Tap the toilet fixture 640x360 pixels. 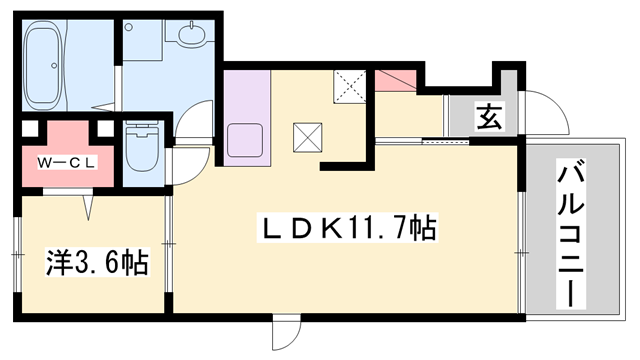click(142, 147)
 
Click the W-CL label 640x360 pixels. click(67, 163)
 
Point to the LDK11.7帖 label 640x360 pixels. click(347, 227)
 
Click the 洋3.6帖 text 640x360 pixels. click(97, 262)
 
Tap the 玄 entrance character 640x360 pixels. click(489, 116)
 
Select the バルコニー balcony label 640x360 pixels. click(571, 233)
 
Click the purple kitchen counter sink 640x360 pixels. click(245, 140)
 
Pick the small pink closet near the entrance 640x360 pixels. click(395, 80)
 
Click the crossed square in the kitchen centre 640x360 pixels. click(307, 138)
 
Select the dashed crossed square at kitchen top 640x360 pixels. click(350, 87)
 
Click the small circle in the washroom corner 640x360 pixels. click(129, 27)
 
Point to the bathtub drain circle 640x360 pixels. click(53, 65)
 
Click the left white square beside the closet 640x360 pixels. click(30, 129)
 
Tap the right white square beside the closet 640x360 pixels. click(105, 129)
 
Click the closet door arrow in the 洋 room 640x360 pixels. click(89, 208)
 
